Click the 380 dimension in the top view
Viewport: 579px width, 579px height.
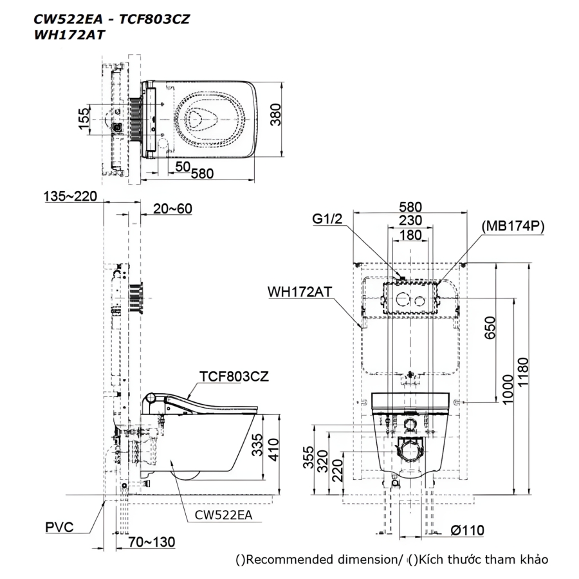click(x=275, y=115)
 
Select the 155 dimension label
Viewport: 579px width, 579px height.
click(x=84, y=119)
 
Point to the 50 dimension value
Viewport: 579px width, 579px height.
click(x=183, y=167)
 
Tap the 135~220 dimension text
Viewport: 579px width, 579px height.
click(x=70, y=196)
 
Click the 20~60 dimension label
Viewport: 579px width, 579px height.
click(x=172, y=208)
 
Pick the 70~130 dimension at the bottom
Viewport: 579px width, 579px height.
click(x=151, y=542)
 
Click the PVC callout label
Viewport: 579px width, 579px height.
click(x=59, y=528)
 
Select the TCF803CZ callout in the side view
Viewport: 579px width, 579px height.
click(x=234, y=376)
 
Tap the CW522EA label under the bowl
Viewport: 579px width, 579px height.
click(x=223, y=515)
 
